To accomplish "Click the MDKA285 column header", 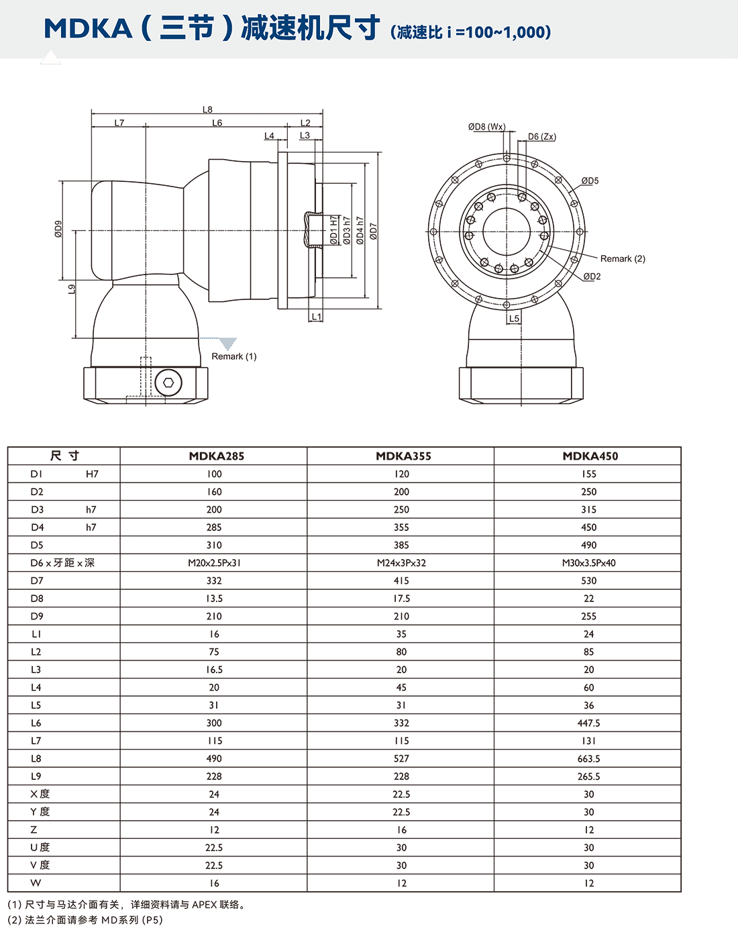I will pyautogui.click(x=216, y=456).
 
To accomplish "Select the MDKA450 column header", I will pyautogui.click(x=590, y=456).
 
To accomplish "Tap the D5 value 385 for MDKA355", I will pyautogui.click(x=401, y=545).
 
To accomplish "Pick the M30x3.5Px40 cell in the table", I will pyautogui.click(x=588, y=563).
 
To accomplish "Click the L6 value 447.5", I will pyautogui.click(x=588, y=723).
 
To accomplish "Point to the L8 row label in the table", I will pyautogui.click(x=36, y=758).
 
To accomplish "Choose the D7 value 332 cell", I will pyautogui.click(x=214, y=581).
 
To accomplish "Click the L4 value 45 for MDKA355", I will pyautogui.click(x=401, y=687).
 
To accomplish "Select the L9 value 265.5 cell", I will pyautogui.click(x=588, y=777).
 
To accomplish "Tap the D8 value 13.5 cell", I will pyautogui.click(x=214, y=599).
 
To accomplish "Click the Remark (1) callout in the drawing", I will pyautogui.click(x=233, y=356).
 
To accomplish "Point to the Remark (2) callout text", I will pyautogui.click(x=623, y=259).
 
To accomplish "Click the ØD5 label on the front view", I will pyautogui.click(x=590, y=181).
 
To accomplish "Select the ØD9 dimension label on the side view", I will pyautogui.click(x=58, y=229).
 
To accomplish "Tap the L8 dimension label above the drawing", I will pyautogui.click(x=207, y=109).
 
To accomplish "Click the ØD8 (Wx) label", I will pyautogui.click(x=486, y=127).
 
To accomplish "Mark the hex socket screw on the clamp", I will pyautogui.click(x=168, y=384).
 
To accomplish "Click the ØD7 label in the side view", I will pyautogui.click(x=374, y=232).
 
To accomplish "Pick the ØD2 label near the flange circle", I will pyautogui.click(x=592, y=277).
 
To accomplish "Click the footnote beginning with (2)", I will pyautogui.click(x=85, y=920).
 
